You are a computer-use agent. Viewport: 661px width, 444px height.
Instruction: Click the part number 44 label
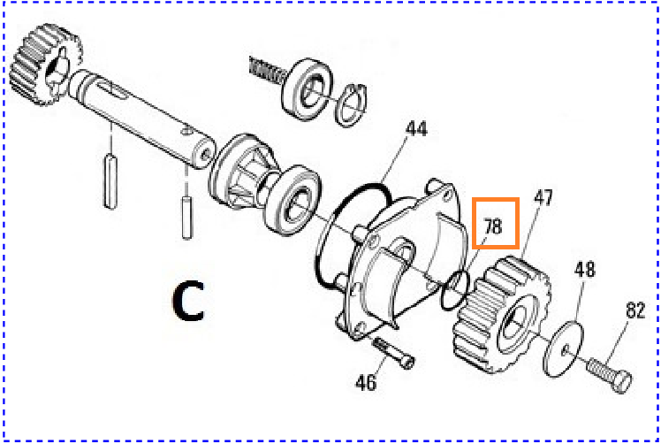416,129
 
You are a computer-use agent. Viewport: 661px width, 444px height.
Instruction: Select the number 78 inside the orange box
493,226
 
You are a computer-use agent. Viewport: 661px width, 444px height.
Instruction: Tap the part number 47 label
543,197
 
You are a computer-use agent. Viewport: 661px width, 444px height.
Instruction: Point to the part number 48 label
585,269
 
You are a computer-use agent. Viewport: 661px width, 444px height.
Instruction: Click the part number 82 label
635,310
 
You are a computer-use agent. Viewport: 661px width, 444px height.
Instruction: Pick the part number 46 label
366,382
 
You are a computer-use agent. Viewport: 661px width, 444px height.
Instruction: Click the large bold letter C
189,302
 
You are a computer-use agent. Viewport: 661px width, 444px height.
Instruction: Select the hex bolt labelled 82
609,375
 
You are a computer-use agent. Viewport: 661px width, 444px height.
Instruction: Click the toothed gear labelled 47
502,315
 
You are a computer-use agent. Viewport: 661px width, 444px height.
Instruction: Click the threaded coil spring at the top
268,71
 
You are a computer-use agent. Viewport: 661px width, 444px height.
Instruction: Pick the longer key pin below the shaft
110,181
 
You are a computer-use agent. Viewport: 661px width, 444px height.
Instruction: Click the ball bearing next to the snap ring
307,88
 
